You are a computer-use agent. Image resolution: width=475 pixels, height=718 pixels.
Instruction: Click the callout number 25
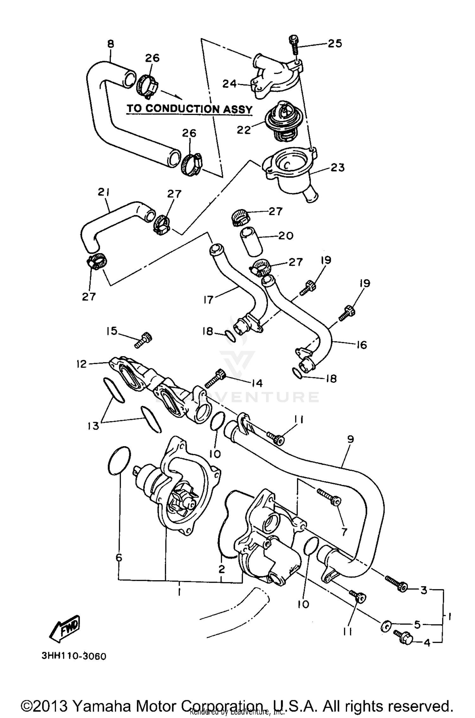click(335, 43)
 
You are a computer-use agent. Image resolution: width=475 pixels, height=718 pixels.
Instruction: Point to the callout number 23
click(337, 167)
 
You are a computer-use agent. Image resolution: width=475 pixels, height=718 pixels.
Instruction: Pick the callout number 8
click(111, 44)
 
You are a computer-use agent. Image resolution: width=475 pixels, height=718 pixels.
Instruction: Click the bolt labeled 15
click(143, 340)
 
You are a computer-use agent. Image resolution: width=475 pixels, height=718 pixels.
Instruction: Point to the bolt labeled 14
click(215, 379)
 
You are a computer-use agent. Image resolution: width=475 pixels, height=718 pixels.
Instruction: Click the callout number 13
click(94, 426)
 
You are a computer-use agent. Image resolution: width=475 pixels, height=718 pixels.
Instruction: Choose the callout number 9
click(350, 439)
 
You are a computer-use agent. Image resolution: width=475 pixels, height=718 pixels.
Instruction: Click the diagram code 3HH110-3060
click(74, 656)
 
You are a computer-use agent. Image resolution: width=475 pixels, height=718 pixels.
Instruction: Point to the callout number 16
click(361, 344)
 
